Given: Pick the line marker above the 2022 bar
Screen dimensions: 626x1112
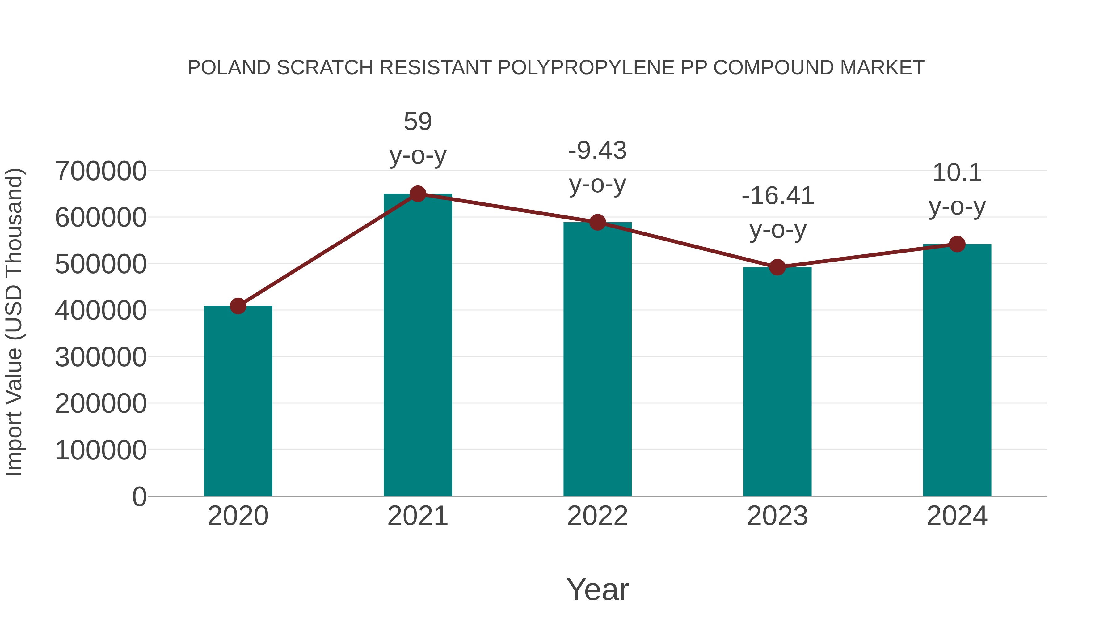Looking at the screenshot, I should point(597,223).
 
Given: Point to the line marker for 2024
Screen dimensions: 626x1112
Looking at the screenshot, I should point(957,244).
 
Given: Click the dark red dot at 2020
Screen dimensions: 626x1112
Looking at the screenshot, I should point(238,306).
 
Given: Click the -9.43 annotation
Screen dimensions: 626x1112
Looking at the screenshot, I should point(597,150).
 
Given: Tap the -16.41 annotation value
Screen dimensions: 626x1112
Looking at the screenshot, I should point(777,196).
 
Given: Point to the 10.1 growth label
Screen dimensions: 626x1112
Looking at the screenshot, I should point(957,173).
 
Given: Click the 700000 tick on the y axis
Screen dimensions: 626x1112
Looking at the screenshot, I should point(101,171).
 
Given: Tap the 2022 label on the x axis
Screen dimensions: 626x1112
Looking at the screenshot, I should point(597,516).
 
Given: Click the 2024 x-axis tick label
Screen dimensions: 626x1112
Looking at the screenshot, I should point(957,516).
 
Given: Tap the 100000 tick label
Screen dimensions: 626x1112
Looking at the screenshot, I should point(101,450).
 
